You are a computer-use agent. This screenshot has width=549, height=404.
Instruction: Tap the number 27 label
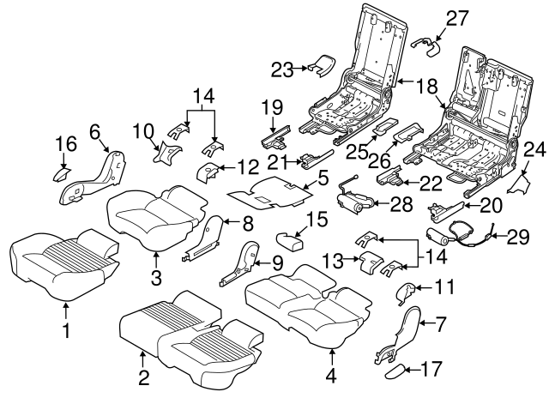pos(457,17)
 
